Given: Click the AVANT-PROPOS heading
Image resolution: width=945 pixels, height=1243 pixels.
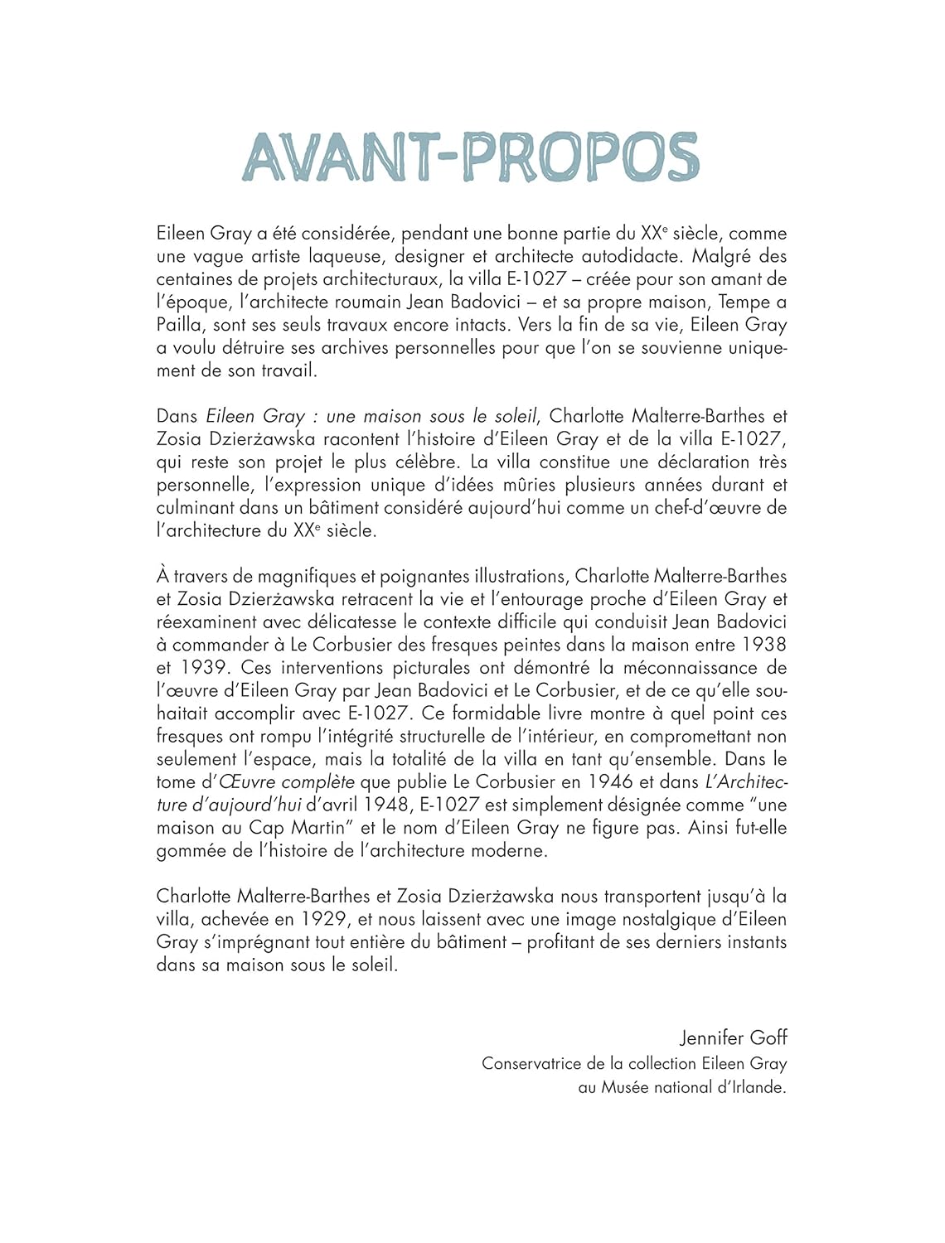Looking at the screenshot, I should pyautogui.click(x=471, y=157).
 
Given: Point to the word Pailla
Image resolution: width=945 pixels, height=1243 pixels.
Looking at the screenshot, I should pyautogui.click(x=179, y=326).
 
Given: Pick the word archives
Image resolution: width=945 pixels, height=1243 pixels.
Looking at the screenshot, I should pyautogui.click(x=349, y=348).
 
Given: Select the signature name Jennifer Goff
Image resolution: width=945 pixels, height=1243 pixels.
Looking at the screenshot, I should pyautogui.click(x=733, y=1037).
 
